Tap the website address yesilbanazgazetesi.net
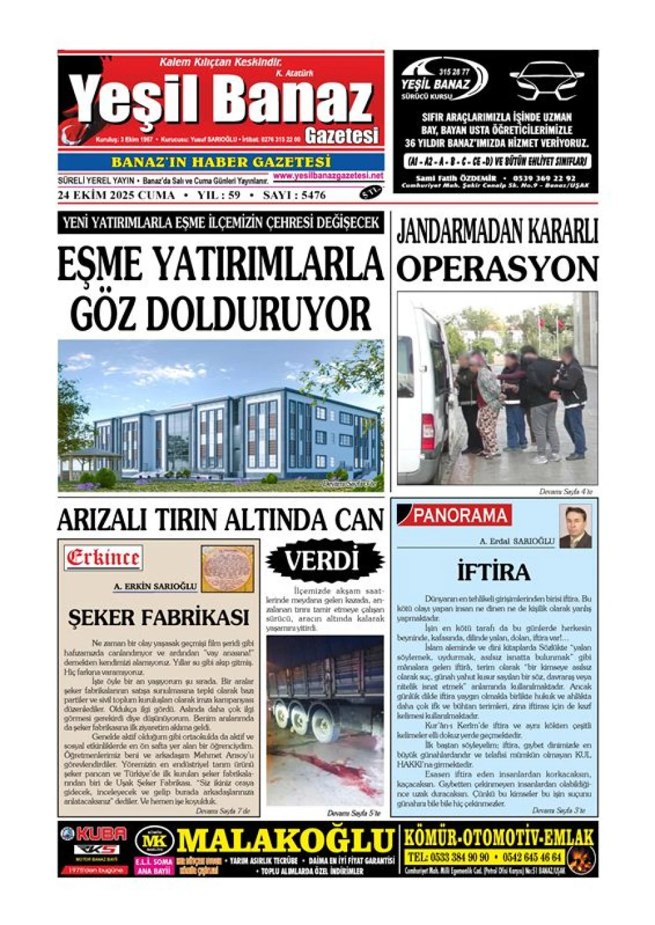coord(328,176)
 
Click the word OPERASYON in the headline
coord(497,268)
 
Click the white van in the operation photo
coord(426,386)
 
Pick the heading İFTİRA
coord(493,572)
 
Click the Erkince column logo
coord(103,558)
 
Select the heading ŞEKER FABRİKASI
coord(159,617)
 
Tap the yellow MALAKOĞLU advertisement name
coord(286,840)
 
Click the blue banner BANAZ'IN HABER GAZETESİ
coord(221,162)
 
